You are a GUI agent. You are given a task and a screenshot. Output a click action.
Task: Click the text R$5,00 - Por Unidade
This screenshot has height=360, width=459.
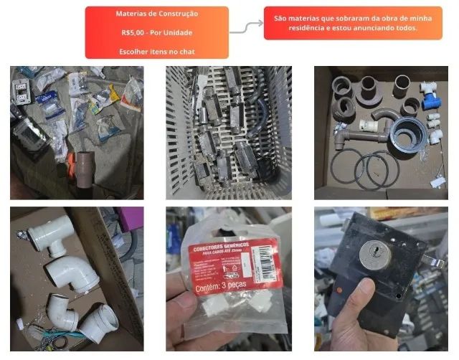click(x=156, y=33)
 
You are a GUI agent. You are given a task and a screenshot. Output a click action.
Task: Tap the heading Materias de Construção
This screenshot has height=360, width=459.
click(x=156, y=14)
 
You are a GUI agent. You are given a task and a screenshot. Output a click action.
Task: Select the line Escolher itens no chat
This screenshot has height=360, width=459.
click(x=156, y=52)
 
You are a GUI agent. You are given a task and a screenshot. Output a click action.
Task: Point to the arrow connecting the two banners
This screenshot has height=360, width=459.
click(x=245, y=27)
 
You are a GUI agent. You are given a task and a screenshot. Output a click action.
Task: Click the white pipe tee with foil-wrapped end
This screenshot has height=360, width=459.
click(x=51, y=237)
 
